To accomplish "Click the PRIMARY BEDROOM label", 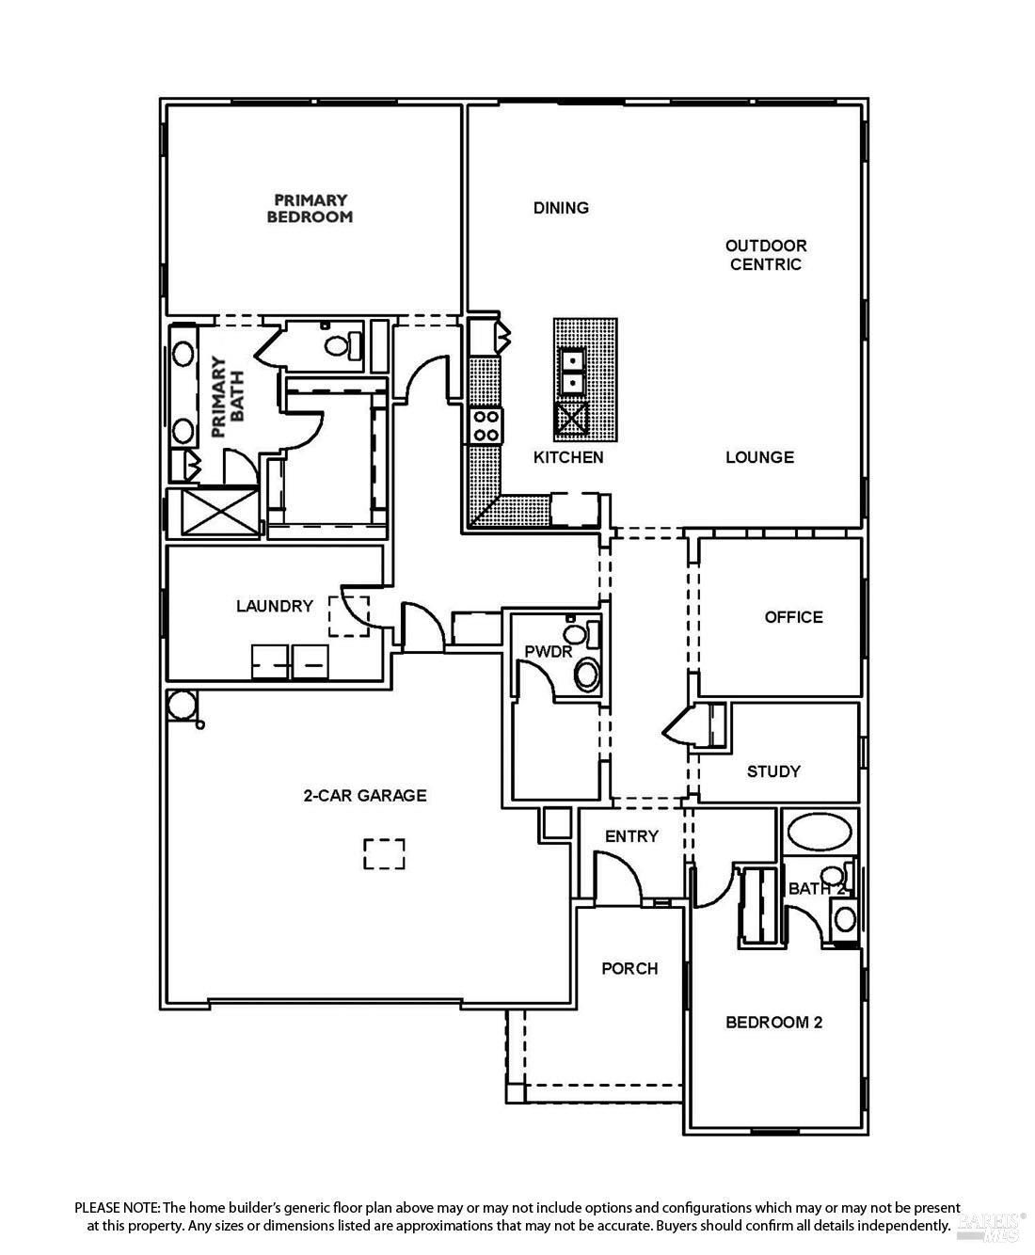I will [310, 208].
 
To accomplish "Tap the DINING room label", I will [561, 208].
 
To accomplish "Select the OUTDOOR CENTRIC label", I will [765, 255].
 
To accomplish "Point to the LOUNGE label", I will [759, 457].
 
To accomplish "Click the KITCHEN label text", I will [568, 457].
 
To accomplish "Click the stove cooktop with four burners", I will [486, 424].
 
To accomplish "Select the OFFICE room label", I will [793, 617].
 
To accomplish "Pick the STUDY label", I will [773, 771].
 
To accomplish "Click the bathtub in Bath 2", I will [819, 832].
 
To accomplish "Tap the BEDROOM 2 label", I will [773, 1022].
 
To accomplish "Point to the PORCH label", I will [629, 968].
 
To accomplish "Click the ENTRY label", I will [631, 836].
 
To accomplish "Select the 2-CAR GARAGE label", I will [364, 796].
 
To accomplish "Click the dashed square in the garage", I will [384, 854].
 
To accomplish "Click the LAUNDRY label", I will [274, 606].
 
